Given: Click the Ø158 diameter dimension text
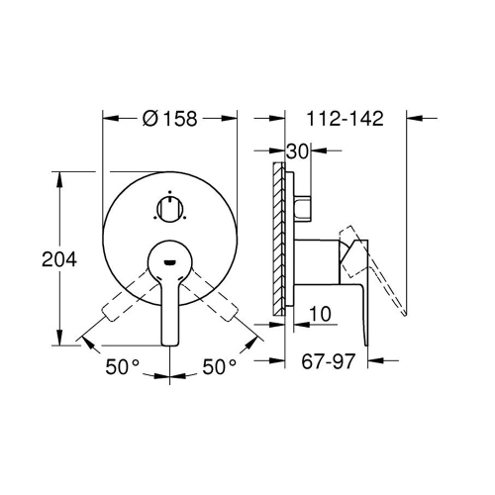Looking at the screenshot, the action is click(169, 119).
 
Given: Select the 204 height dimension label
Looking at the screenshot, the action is click(59, 259).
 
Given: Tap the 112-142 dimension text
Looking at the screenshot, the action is click(346, 119).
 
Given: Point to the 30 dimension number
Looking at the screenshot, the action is click(297, 151).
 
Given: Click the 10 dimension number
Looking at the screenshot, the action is click(320, 314).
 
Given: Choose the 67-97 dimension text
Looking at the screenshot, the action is click(328, 361).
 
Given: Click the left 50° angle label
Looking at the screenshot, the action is click(123, 366).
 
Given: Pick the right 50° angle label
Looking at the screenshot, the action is click(220, 366).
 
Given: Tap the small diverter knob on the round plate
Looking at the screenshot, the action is click(169, 209).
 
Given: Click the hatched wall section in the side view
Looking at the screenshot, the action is click(279, 239).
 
